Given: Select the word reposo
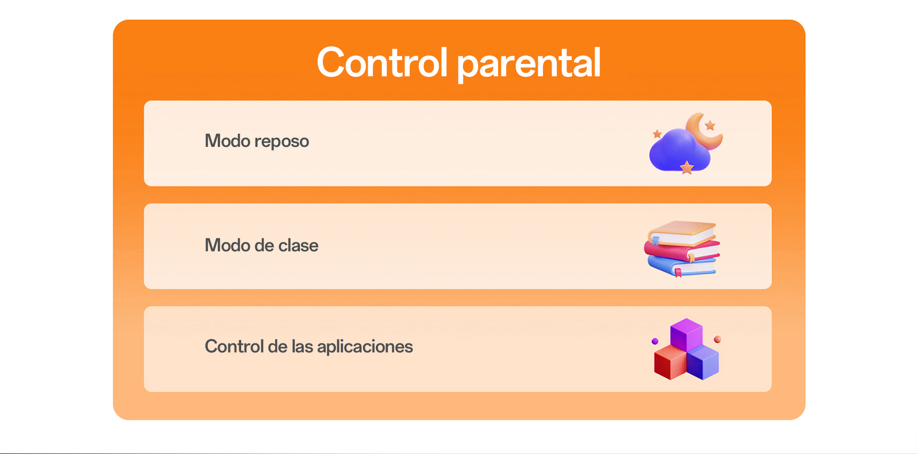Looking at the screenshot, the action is click(x=282, y=142).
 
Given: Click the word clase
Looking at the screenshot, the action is click(x=299, y=245).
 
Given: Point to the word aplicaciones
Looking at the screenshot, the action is click(x=365, y=347).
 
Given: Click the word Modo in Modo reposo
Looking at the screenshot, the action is click(x=227, y=141).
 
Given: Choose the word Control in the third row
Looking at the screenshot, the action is click(x=234, y=346).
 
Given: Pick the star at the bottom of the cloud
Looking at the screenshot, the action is click(x=687, y=167).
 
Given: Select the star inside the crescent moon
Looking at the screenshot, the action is click(x=710, y=125).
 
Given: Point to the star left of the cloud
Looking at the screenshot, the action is click(x=657, y=134).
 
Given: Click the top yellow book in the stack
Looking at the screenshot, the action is click(x=682, y=232).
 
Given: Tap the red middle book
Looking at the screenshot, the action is click(x=682, y=250).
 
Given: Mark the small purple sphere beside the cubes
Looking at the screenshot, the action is click(x=655, y=341).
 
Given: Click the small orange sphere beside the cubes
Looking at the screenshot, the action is click(x=717, y=339).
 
